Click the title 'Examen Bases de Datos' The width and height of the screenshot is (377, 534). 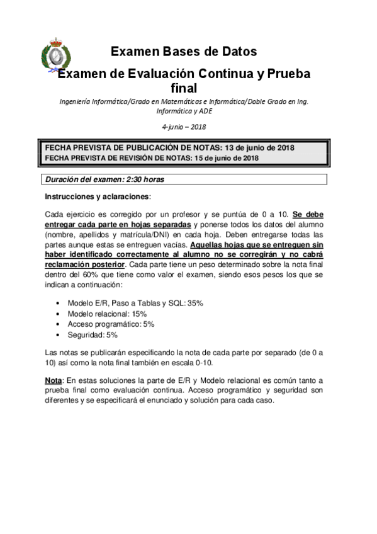click(x=183, y=52)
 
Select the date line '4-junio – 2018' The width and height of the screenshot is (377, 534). click(x=184, y=127)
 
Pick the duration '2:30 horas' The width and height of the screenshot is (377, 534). click(x=145, y=179)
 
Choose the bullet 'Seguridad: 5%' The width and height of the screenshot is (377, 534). click(x=93, y=334)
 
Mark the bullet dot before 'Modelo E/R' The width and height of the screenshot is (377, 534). click(x=59, y=303)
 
